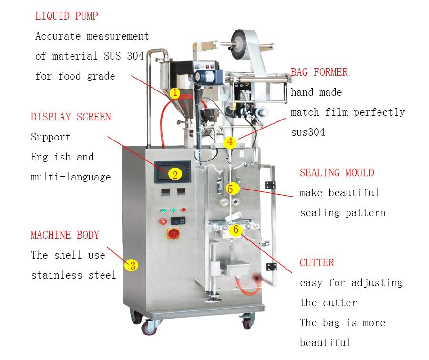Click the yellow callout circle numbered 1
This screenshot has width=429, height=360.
pos(175,93)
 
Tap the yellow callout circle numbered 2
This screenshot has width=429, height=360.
pos(175,174)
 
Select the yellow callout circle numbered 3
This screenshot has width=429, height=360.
pos(132,265)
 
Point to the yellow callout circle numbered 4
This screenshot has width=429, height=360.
pos(230,142)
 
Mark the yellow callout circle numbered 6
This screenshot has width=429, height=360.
pos(236,229)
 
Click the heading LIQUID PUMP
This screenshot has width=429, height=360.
pos(66,16)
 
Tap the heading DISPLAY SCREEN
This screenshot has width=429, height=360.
pos(71,117)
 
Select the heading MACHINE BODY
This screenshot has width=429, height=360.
pos(65,235)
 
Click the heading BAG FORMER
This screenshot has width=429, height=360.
pos(319,72)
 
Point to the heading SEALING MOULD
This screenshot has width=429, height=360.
pos(337,173)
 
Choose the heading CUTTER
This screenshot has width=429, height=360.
pos(317,263)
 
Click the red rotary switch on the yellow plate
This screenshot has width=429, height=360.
pos(174,233)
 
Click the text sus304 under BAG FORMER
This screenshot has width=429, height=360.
pos(308,132)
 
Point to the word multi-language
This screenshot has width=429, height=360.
pos(71,177)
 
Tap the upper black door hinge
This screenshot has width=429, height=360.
pos(270,185)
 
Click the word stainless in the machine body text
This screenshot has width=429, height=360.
pos(57,275)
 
